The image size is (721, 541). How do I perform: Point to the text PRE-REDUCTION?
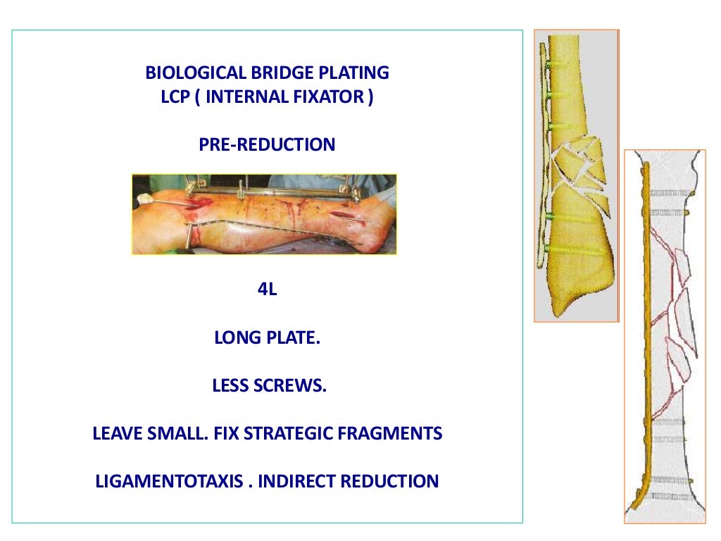(x=267, y=145)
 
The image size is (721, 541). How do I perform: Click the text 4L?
(x=267, y=290)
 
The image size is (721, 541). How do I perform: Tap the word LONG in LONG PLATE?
(x=237, y=338)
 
